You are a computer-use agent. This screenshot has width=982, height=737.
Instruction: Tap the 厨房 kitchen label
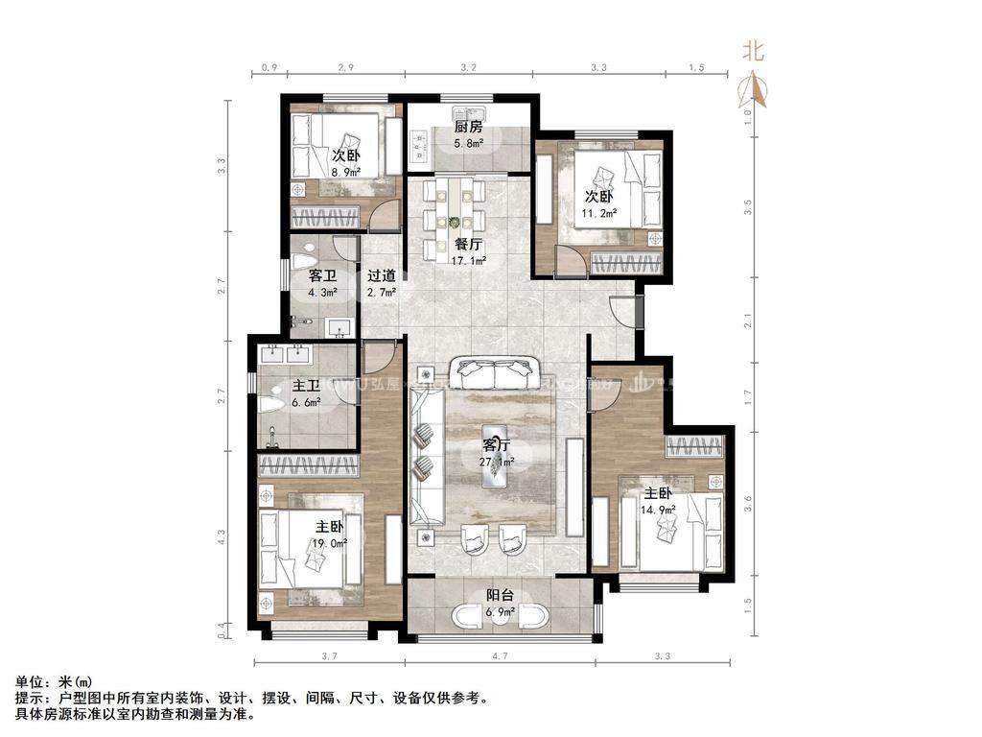coord(468,128)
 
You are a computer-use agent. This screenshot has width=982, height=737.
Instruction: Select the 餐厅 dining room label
coord(468,244)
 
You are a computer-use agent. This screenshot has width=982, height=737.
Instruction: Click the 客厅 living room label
coord(497,445)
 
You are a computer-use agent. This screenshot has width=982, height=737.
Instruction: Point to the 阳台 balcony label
coord(501,596)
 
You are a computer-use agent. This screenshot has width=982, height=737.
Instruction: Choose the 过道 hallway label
coord(382,275)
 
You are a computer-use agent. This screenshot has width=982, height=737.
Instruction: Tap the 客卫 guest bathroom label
coord(322,275)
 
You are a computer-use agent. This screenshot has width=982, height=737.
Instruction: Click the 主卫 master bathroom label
coord(306,387)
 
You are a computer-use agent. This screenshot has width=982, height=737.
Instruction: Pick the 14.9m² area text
coord(660,509)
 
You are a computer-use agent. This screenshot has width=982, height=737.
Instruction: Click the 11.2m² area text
coord(600,213)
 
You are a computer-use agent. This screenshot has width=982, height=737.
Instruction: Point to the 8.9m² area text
coord(346,172)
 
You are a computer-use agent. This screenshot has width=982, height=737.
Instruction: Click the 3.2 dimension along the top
coord(468,68)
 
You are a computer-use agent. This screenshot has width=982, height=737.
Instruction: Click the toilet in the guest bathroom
coord(306,259)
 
